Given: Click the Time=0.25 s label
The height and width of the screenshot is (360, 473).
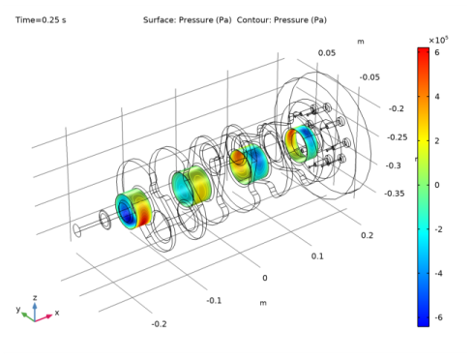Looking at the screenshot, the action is point(41,20).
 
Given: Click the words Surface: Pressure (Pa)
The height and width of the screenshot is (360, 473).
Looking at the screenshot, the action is point(188,20).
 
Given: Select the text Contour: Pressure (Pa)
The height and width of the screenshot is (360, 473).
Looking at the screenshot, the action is point(281,20).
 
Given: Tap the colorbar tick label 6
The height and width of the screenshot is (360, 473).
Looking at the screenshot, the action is point(437,52).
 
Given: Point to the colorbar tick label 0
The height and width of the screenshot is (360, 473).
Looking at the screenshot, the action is point(437,185).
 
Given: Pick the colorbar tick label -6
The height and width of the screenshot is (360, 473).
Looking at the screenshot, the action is point(438,317).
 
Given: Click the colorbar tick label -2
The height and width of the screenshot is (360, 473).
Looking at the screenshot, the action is point(438,229).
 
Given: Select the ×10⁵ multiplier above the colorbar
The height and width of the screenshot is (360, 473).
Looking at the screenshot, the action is point(438,40).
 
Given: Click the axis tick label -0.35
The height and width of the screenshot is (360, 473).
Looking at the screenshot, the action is point(395,194).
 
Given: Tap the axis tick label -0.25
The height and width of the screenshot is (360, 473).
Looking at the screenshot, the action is point(398,137).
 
